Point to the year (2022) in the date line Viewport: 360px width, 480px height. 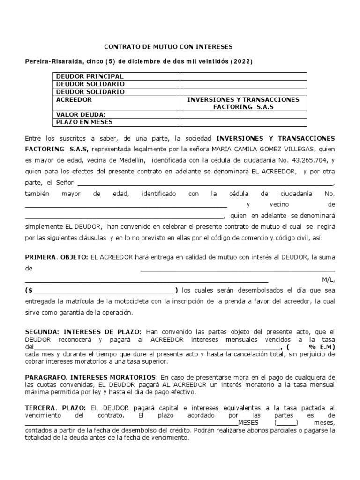(x=241, y=62)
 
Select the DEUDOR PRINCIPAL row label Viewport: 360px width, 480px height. (x=90, y=76)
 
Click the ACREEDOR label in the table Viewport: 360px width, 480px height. (x=74, y=100)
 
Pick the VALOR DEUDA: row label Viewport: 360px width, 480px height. (x=81, y=114)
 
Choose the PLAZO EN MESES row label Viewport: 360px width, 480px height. (x=84, y=122)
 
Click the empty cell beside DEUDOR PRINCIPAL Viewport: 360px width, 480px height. (x=243, y=76)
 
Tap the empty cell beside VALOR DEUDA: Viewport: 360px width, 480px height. (x=243, y=114)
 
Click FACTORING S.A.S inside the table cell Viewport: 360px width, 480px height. (x=243, y=107)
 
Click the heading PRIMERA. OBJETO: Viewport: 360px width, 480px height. (x=56, y=257)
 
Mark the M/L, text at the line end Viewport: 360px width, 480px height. (x=328, y=280)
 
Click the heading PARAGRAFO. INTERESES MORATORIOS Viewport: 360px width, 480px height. (x=91, y=377)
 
